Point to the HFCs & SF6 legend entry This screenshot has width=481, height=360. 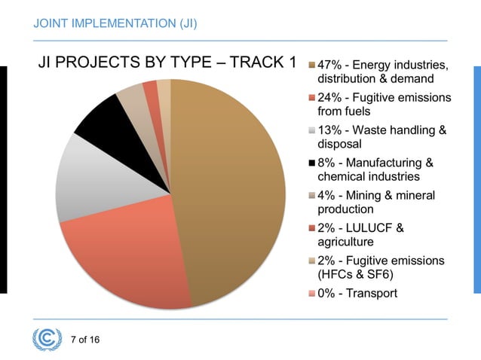[x=381, y=267]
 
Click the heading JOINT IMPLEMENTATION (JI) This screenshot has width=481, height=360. [x=115, y=23]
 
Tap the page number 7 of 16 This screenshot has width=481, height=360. [x=84, y=339]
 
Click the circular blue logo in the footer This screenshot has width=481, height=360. [x=47, y=339]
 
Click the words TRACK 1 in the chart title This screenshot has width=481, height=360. [x=262, y=62]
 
